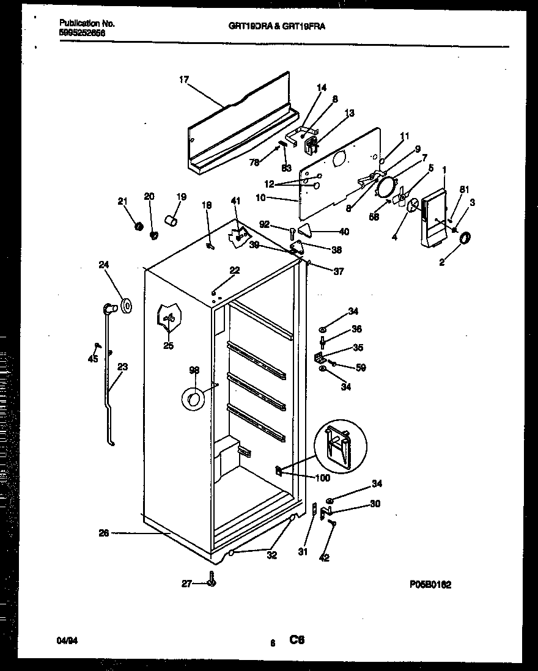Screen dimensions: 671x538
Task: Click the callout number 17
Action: click(x=184, y=79)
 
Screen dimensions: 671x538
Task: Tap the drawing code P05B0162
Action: click(x=430, y=584)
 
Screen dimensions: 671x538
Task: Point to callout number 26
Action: click(x=103, y=533)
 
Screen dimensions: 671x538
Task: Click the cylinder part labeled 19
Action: click(x=171, y=219)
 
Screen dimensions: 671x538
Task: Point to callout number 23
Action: click(x=122, y=367)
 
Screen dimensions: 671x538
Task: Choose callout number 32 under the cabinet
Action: click(x=271, y=555)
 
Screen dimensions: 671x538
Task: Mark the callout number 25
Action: click(x=168, y=346)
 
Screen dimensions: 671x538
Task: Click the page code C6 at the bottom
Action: click(x=297, y=640)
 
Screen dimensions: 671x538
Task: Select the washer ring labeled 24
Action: click(x=127, y=306)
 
